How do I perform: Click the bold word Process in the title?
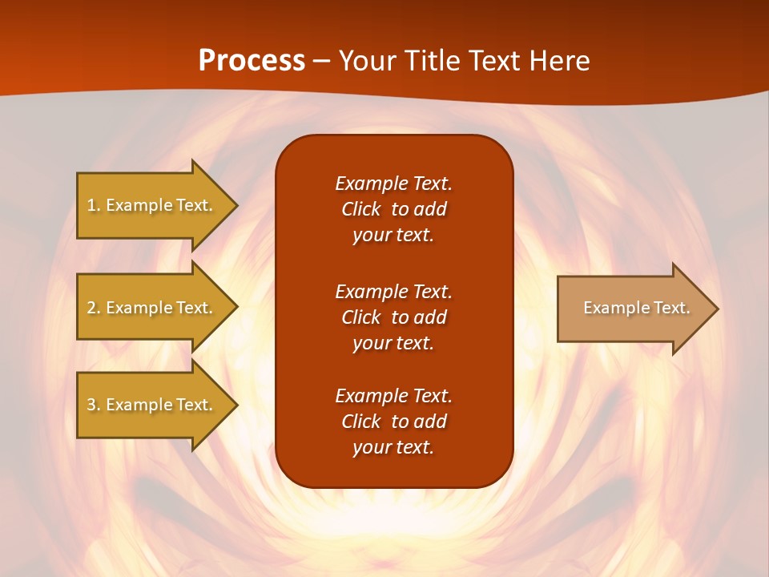252,61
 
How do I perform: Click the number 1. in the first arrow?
93,205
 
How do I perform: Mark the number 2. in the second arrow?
93,308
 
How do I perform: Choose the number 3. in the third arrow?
93,405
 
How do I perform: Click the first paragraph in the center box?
393,209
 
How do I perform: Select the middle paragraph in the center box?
393,317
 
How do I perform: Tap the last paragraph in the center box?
393,422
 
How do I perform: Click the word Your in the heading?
370,61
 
